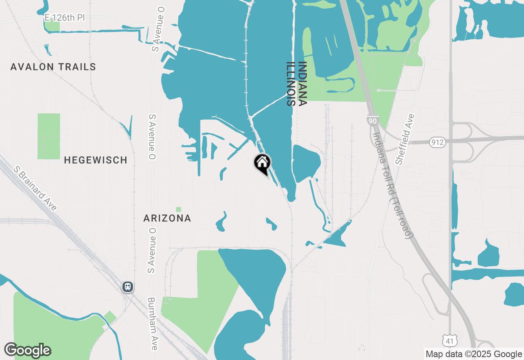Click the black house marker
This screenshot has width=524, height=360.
pos(262,163)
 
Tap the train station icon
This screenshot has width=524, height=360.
pos(128,287)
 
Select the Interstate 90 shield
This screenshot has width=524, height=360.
pos(372,121)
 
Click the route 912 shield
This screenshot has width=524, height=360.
pos(438,143)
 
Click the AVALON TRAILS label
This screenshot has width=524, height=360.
pos(53,67)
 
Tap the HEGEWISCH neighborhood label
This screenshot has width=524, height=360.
pos(95,160)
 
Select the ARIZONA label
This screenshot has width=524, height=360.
pos(167,218)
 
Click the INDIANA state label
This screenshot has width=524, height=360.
pos(303,84)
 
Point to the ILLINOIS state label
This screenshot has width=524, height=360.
pos(291,84)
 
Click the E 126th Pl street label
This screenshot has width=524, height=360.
pos(65,18)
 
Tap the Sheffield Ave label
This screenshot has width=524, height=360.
pos(405,139)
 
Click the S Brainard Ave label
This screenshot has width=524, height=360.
pos(35,188)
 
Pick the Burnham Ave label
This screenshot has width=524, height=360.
pos(152,324)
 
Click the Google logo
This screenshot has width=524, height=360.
pos(27,350)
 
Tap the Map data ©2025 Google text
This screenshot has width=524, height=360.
pos(474,354)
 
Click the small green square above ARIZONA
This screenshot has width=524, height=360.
pos(178,209)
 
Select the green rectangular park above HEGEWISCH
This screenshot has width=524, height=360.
pos(49,136)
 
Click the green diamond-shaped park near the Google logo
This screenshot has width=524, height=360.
pos(110,317)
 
